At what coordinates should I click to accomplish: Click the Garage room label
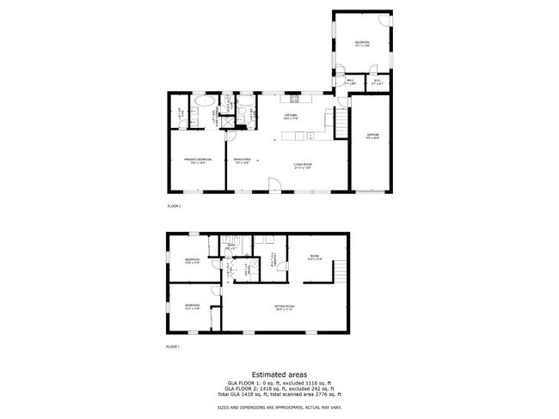coord(371,135)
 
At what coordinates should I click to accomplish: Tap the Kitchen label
coord(291,117)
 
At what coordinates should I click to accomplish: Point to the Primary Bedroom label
coord(197,161)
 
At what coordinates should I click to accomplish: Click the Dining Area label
coord(242,160)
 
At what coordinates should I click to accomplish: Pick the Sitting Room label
coord(285,307)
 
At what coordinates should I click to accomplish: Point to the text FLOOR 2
coord(174,206)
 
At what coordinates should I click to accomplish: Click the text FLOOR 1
coord(174,346)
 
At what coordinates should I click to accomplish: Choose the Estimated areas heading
coord(279,373)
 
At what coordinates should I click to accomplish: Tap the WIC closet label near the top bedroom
coord(377,82)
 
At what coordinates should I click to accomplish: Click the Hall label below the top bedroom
coord(351,82)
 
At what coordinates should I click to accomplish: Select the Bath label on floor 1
coord(230,246)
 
